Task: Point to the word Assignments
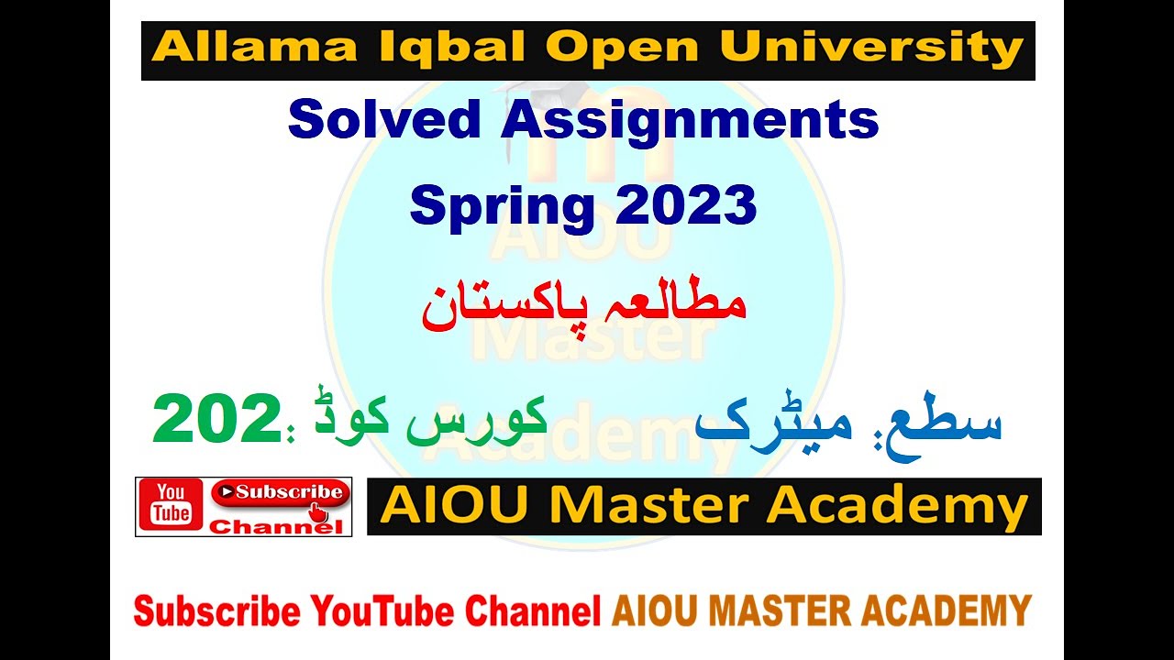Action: [690, 120]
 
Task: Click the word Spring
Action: [501, 204]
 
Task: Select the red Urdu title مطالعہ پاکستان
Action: [584, 306]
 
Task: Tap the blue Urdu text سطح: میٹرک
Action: [848, 423]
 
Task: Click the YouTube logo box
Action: [172, 505]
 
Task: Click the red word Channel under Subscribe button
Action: [276, 527]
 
